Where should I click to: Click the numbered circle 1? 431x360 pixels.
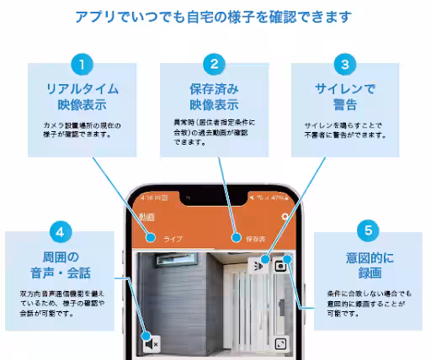point(82,63)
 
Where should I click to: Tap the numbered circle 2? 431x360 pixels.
point(215,63)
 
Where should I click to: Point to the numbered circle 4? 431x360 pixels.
point(59,230)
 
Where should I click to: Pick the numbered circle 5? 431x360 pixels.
point(366,230)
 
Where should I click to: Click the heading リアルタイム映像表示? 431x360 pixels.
point(82,97)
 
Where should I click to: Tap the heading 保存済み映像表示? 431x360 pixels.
point(215,97)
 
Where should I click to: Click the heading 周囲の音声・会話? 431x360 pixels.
point(59,263)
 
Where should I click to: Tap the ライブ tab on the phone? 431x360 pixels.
point(173,239)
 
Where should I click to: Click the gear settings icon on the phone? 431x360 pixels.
point(285,217)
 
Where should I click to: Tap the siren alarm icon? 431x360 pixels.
point(258,265)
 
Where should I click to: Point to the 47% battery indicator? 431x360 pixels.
point(274,199)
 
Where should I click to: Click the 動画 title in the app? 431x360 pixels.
point(147,217)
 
